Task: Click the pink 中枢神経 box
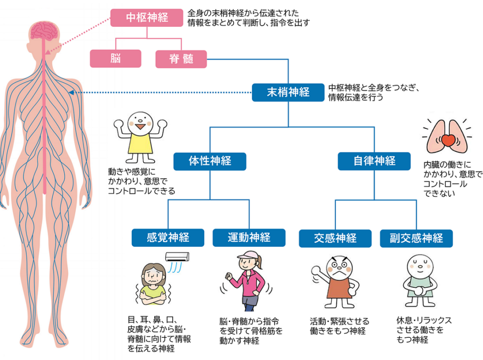tap(147, 18)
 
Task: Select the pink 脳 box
tap(116, 59)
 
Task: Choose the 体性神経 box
tap(210, 161)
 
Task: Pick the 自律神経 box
tap(375, 161)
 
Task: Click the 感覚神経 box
tap(168, 237)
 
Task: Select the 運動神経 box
tap(249, 237)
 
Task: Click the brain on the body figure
tap(44, 31)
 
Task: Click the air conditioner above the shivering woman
tap(177, 257)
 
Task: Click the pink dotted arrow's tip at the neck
tap(49, 53)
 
